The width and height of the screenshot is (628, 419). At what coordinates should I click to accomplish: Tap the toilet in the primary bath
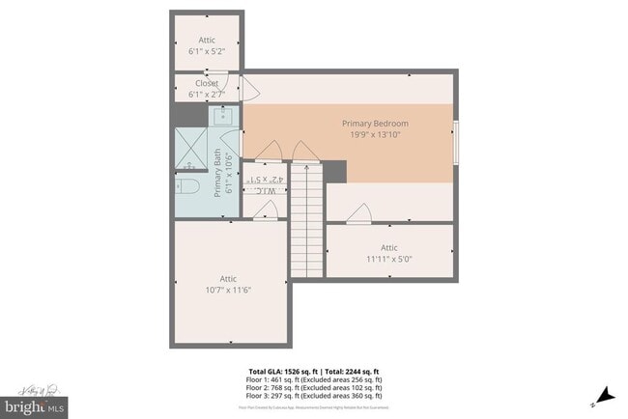(187, 184)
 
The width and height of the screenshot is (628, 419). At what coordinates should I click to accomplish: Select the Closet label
(205, 83)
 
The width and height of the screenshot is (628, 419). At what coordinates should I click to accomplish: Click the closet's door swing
(248, 90)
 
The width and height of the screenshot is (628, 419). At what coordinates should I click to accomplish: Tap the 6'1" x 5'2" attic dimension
(205, 51)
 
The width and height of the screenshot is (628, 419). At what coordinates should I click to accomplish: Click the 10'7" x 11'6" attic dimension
(228, 290)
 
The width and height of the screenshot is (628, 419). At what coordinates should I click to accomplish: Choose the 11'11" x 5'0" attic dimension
(388, 259)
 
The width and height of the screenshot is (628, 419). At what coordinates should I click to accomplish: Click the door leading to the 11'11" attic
(360, 213)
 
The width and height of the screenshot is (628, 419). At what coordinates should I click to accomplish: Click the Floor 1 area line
(314, 380)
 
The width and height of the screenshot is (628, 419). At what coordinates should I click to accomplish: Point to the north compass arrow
(605, 394)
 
